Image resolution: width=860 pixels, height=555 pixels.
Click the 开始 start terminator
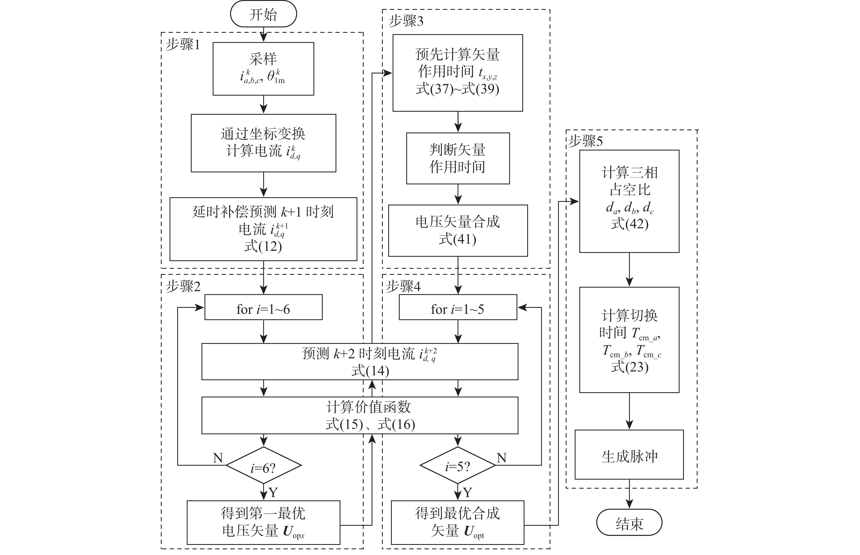pyautogui.click(x=263, y=14)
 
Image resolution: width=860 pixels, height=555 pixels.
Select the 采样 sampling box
pyautogui.click(x=263, y=69)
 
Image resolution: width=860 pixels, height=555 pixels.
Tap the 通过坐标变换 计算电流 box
pyautogui.click(x=263, y=143)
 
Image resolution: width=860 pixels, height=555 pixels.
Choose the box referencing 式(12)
pyautogui.click(x=263, y=229)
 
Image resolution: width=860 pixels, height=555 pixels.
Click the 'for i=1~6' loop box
pyautogui.click(x=263, y=308)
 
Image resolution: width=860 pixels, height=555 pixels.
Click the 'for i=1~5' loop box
pyautogui.click(x=458, y=308)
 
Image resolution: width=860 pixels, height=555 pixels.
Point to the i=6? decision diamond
pyautogui.click(x=263, y=466)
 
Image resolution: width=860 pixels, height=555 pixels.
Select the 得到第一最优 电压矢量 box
pyautogui.click(x=263, y=522)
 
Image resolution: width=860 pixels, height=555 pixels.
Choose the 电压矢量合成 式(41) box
pyautogui.click(x=458, y=231)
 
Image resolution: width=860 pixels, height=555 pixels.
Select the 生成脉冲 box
pyautogui.click(x=629, y=455)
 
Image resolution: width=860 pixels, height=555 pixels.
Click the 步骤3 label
pyautogui.click(x=406, y=21)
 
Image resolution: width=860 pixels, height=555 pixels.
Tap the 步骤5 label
pyautogui.click(x=585, y=141)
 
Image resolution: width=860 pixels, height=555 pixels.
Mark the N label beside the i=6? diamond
pyautogui.click(x=218, y=458)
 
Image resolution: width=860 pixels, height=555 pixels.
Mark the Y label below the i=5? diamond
pyautogui.click(x=467, y=492)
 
